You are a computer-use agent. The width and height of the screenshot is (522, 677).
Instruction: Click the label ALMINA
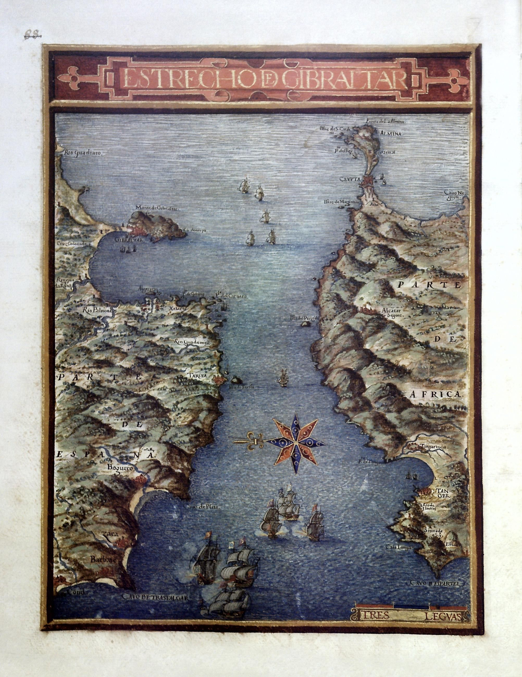point(391,133)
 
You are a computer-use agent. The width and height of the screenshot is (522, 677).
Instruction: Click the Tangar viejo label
point(432,446)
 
